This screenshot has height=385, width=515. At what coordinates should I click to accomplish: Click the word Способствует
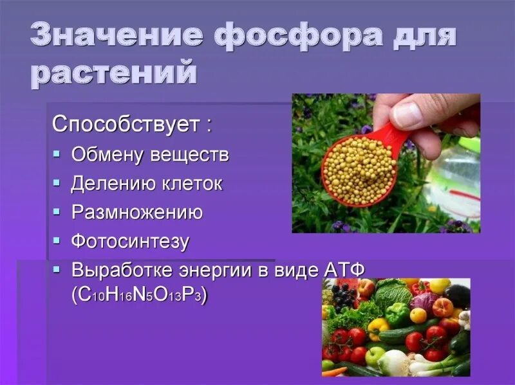126,124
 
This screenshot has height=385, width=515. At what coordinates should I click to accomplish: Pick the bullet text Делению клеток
147,184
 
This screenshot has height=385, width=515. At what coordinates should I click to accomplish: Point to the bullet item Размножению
136,213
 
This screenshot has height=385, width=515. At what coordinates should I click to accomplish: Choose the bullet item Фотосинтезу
130,242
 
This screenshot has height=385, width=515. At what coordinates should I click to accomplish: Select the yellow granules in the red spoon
358,169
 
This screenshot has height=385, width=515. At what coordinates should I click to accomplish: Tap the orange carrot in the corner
329,372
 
